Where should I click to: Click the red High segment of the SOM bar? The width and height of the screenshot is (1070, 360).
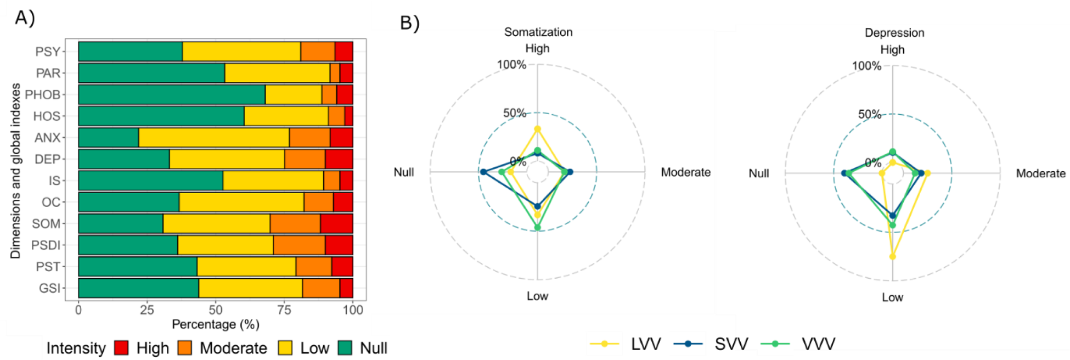tap(336, 224)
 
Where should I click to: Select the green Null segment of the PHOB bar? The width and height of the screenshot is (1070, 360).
tap(171, 94)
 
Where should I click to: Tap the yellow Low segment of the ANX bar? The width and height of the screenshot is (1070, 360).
tap(214, 138)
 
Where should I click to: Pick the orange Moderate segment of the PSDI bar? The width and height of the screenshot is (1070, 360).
tap(299, 245)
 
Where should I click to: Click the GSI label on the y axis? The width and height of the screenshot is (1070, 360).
tap(49, 288)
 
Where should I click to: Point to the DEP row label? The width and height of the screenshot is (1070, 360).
tap(47, 159)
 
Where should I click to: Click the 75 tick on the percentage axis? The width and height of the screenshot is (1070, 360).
tap(284, 310)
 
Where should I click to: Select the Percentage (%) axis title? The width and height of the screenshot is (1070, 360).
tap(216, 324)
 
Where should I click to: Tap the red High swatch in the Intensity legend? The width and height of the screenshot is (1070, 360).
tap(121, 348)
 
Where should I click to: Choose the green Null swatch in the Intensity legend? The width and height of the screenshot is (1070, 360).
tap(345, 348)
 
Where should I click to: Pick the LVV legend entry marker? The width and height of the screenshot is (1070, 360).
tap(604, 344)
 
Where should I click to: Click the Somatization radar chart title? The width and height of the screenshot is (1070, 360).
tap(538, 32)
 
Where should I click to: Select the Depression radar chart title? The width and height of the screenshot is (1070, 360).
tap(894, 33)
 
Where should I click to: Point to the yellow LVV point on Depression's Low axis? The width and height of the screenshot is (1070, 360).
tap(893, 256)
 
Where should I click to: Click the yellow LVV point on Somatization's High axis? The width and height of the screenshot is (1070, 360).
tap(538, 130)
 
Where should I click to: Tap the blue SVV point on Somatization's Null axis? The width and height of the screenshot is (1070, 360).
tap(483, 172)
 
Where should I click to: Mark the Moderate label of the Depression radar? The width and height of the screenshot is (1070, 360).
tap(1040, 173)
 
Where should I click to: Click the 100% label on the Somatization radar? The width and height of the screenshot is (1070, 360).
tap(511, 65)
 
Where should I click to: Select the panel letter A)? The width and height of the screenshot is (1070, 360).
tap(25, 18)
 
